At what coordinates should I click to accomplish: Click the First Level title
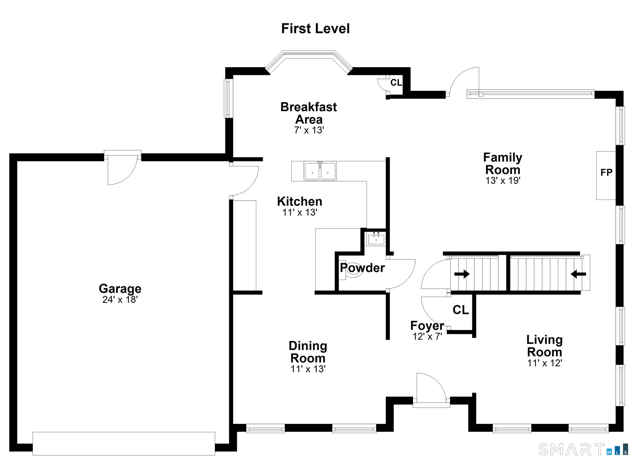(315, 29)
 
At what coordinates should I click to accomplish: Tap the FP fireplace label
(606, 173)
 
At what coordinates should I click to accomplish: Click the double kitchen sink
(320, 171)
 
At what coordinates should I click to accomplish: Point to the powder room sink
(376, 239)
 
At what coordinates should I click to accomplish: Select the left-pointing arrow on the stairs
(578, 274)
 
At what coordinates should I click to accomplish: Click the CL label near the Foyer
(461, 310)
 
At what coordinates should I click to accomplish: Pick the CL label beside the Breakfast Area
(396, 83)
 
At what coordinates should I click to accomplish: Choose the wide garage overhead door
(124, 444)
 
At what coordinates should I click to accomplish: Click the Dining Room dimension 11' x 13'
(308, 369)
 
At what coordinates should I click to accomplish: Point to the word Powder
(362, 268)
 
